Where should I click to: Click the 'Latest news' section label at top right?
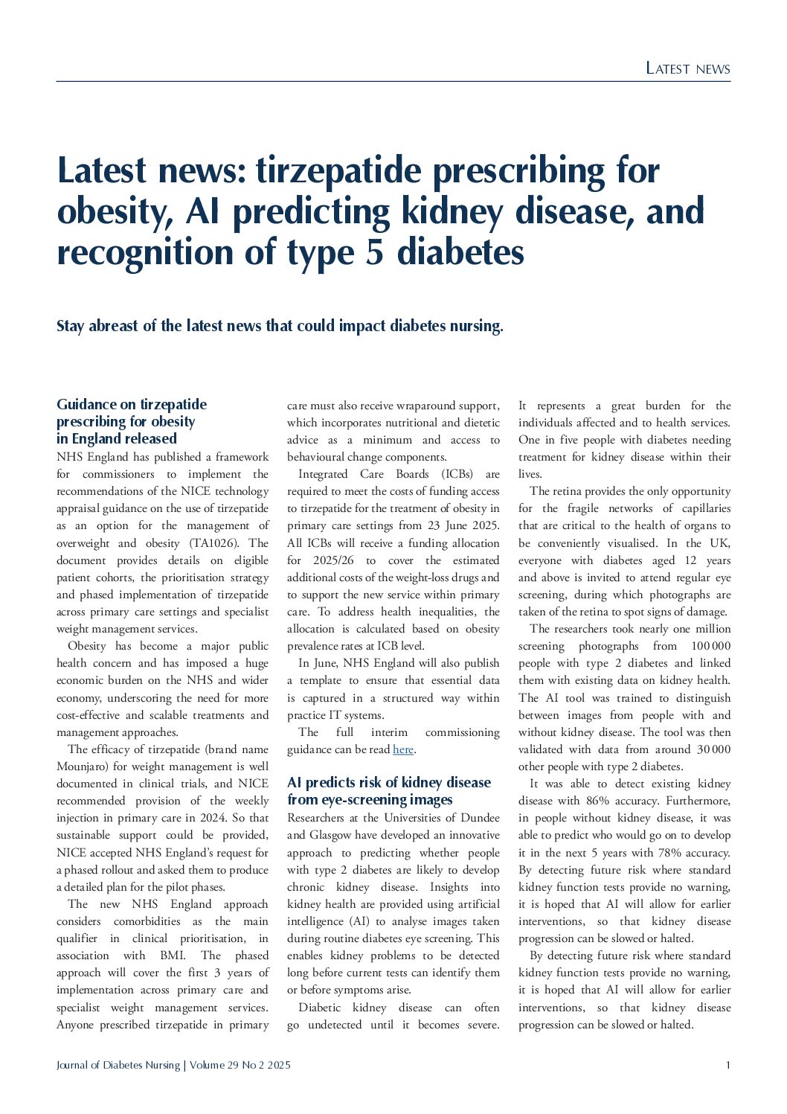point(687,68)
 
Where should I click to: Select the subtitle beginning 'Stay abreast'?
point(280,326)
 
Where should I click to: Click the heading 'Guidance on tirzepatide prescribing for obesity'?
point(132,421)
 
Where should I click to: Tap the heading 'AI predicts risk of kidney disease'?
point(388,791)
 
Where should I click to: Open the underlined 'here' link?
point(402,749)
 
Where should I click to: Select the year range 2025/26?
point(330,560)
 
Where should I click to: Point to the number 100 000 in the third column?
point(710,646)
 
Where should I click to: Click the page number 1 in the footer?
point(727,1065)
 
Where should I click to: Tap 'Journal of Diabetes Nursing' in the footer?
point(118,1065)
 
